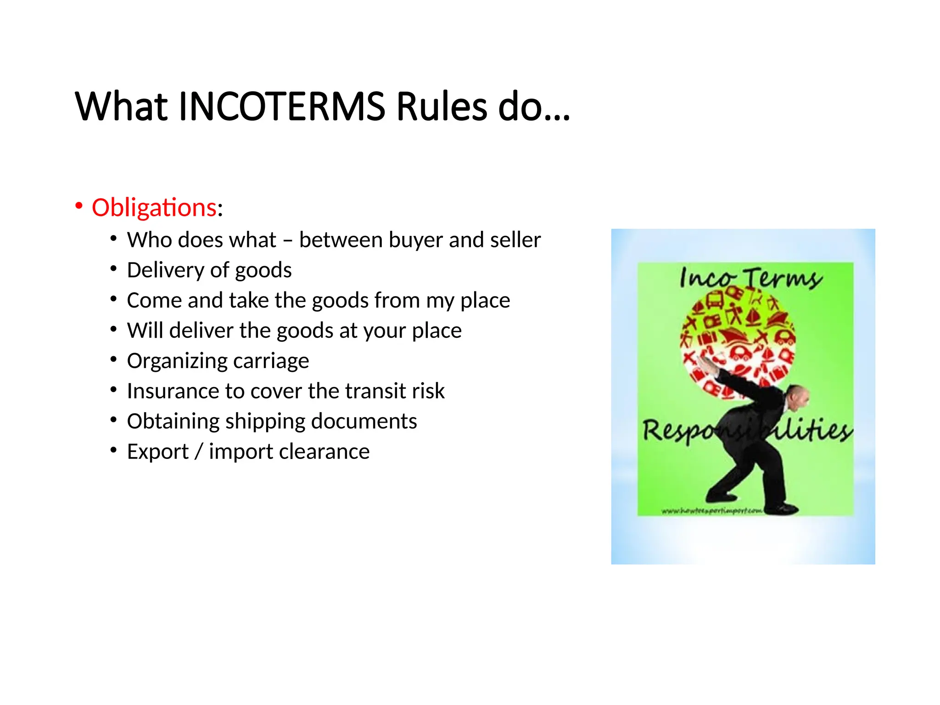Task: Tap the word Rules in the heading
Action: [442, 106]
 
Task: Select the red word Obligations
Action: [154, 207]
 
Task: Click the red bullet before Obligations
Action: [79, 206]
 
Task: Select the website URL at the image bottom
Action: [711, 510]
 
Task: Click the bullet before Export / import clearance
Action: [113, 450]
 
